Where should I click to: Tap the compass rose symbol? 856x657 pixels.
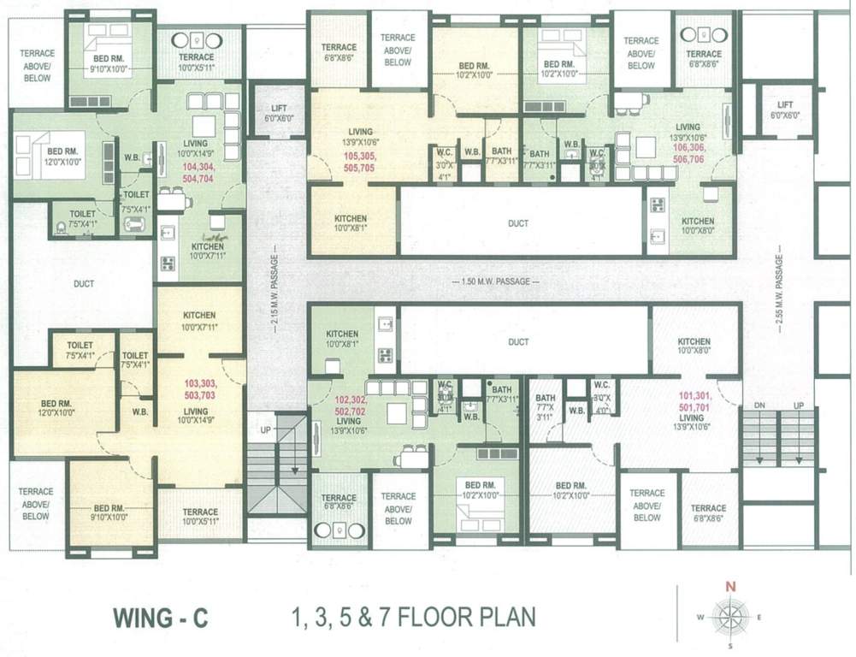729,615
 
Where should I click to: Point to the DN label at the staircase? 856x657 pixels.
759,405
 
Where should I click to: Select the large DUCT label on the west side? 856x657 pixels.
83,283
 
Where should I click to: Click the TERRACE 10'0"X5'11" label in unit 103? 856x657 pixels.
201,518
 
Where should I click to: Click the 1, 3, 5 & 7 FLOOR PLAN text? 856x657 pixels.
414,616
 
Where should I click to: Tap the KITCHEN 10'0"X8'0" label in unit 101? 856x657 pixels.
694,346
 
